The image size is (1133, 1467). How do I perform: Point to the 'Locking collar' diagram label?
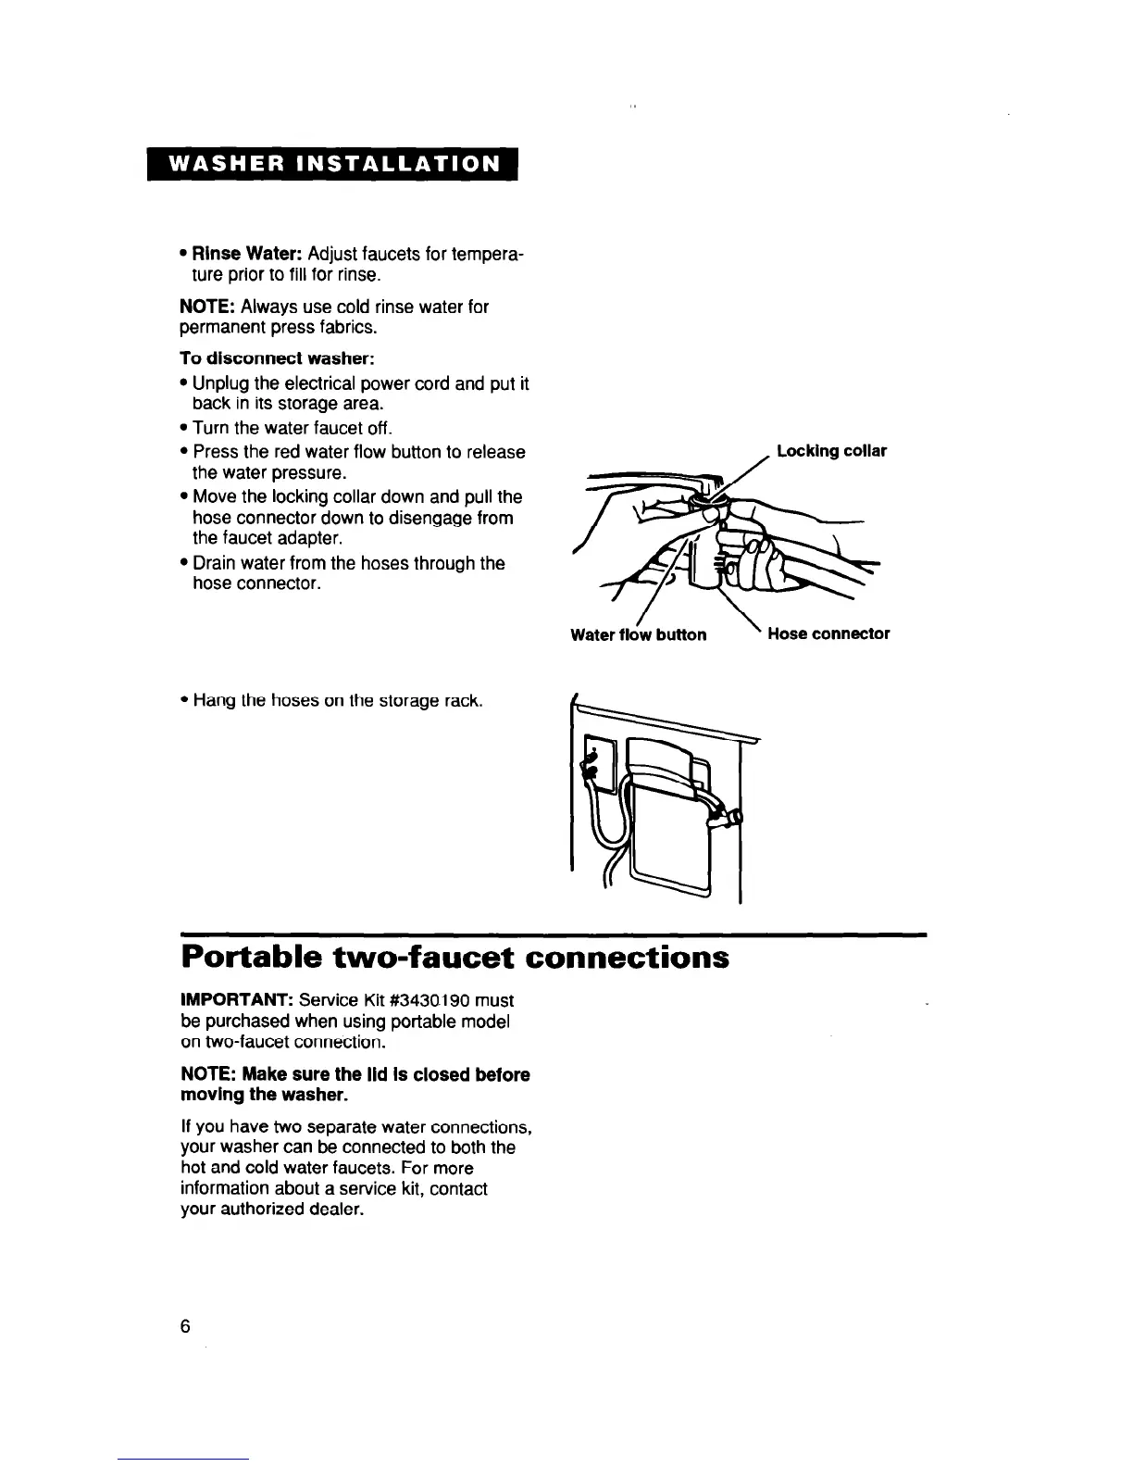(x=831, y=451)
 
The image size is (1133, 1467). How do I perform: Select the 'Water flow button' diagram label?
(x=638, y=634)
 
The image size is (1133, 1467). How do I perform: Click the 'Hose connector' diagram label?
(x=828, y=634)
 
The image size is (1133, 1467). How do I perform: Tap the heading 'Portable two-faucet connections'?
(x=454, y=956)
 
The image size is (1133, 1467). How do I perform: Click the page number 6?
(x=185, y=1326)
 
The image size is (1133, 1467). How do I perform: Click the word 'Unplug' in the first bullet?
(x=218, y=383)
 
